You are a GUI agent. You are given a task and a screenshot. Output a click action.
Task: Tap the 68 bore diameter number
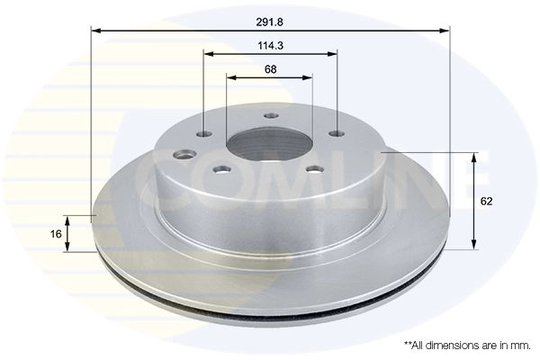(x=270, y=68)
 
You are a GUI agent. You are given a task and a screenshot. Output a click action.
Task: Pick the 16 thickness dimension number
(x=56, y=234)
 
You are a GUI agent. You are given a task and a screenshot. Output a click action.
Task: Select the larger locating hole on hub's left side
(x=186, y=154)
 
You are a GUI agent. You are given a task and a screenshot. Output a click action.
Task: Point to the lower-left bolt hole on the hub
(x=220, y=168)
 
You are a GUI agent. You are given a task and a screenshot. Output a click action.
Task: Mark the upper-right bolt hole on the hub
(x=337, y=133)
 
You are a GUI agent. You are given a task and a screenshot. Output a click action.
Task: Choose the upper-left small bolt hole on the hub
(x=204, y=134)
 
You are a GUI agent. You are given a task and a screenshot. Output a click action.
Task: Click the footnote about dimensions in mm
(x=467, y=345)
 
